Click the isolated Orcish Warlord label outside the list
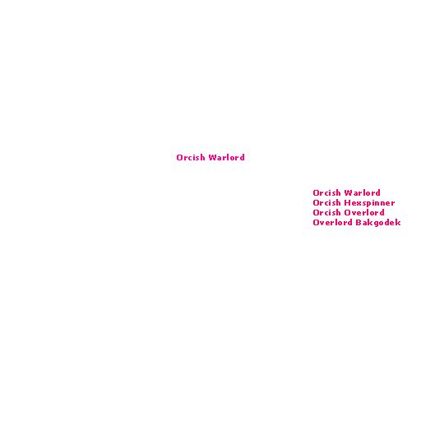[x=210, y=157]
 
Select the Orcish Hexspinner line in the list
[x=354, y=203]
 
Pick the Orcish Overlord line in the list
[x=349, y=212]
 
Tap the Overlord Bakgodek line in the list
[x=357, y=223]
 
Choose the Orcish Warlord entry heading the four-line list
[x=346, y=192]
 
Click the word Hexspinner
[x=370, y=203]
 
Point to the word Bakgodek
[x=378, y=223]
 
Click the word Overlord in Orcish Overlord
[x=364, y=212]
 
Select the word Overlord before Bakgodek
[x=332, y=222]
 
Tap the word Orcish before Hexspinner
[x=326, y=202]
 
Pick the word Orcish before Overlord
[x=326, y=212]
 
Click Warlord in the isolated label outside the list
[x=226, y=157]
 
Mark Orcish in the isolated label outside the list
[x=191, y=157]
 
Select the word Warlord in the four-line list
[x=363, y=192]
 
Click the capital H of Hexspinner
[x=347, y=203]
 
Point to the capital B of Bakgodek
[x=358, y=222]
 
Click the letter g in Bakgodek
[x=377, y=224]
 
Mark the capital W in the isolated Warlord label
[x=212, y=157]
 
